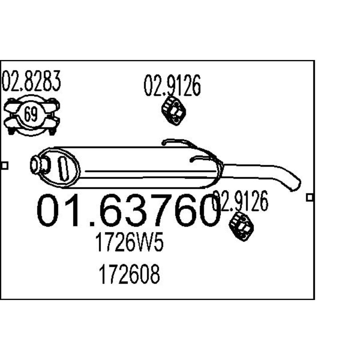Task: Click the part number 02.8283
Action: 31,81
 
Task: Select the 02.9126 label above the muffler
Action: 172,86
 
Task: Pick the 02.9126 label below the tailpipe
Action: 240,201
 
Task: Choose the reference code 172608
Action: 129,274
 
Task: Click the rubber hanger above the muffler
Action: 174,111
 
